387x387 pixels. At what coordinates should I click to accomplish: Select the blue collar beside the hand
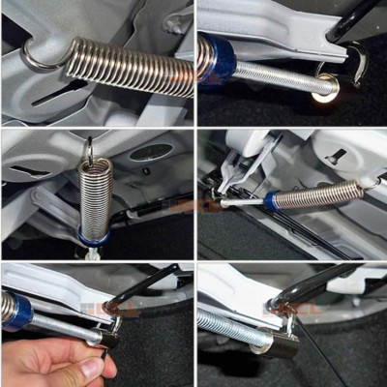coord(17,312)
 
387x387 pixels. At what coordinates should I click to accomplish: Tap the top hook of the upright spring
coord(90,150)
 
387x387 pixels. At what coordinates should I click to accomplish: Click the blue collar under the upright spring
coord(94,238)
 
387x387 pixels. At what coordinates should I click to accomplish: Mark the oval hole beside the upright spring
coord(150,153)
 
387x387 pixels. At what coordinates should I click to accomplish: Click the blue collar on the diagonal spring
coord(273,200)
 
